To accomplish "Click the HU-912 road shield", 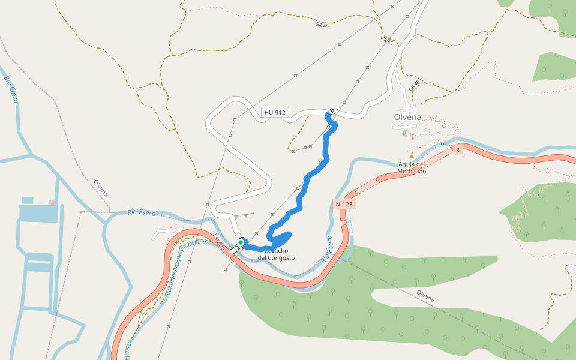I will click(275, 112).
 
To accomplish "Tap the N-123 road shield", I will click(344, 204).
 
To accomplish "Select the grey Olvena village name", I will click(407, 117).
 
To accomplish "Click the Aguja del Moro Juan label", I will click(412, 167).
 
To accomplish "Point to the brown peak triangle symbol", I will click(412, 157).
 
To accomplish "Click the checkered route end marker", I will click(331, 111).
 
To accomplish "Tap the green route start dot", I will click(241, 242).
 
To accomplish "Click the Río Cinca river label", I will click(11, 89).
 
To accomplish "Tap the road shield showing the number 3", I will click(458, 150).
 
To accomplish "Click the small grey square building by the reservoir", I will click(52, 203).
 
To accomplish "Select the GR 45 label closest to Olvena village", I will click(412, 86).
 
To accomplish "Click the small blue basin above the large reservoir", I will click(28, 200).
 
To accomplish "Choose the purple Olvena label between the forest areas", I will click(425, 296).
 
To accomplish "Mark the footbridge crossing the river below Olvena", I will click(443, 144).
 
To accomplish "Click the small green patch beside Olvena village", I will click(404, 133).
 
